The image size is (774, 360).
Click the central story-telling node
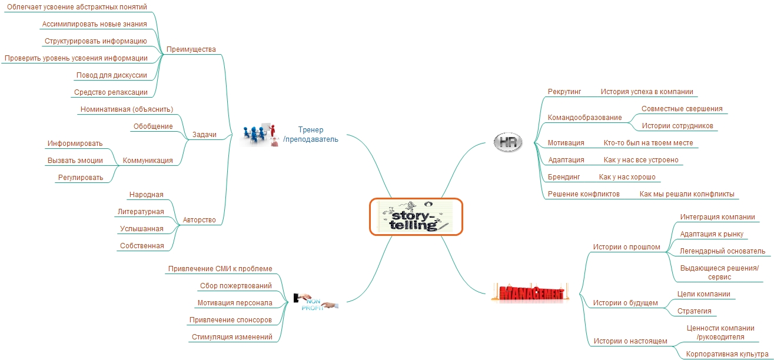416,216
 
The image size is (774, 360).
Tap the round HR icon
507,142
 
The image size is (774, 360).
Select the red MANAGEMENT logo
530,293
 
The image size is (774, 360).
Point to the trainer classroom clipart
260,134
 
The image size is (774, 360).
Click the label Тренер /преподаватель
311,134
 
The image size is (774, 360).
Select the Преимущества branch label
191,49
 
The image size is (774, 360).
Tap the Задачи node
204,135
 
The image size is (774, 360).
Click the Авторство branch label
199,220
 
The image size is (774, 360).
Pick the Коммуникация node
148,161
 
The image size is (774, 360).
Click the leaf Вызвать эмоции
75,161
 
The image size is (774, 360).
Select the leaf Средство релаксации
111,92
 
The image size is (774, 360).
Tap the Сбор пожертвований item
235,286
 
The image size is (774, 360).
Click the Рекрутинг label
564,92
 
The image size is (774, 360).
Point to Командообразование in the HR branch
584,118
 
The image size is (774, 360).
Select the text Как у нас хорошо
627,177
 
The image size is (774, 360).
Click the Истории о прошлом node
626,247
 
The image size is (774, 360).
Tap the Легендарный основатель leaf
723,251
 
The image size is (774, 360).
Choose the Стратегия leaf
694,311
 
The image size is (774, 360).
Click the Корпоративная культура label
727,354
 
